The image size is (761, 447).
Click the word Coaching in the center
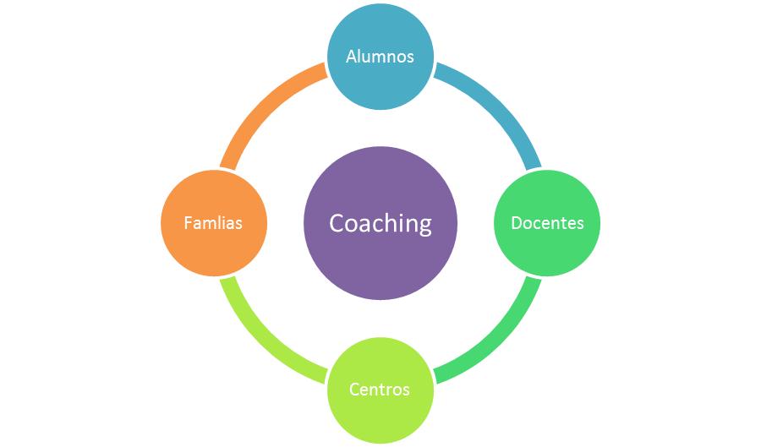380,223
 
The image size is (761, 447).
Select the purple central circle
380,223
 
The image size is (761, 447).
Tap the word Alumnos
380,57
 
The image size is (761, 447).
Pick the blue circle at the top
380,57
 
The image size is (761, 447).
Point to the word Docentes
547,223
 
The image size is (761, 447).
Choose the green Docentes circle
547,223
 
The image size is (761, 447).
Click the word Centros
380,390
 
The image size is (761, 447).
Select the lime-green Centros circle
380,390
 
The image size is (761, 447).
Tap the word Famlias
213,223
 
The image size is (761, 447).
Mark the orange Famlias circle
214,223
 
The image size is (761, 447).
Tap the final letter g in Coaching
424,226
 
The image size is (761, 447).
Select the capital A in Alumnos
352,57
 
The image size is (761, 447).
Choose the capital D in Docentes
517,223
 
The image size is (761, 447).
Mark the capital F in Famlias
188,223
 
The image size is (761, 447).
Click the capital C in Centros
355,390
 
